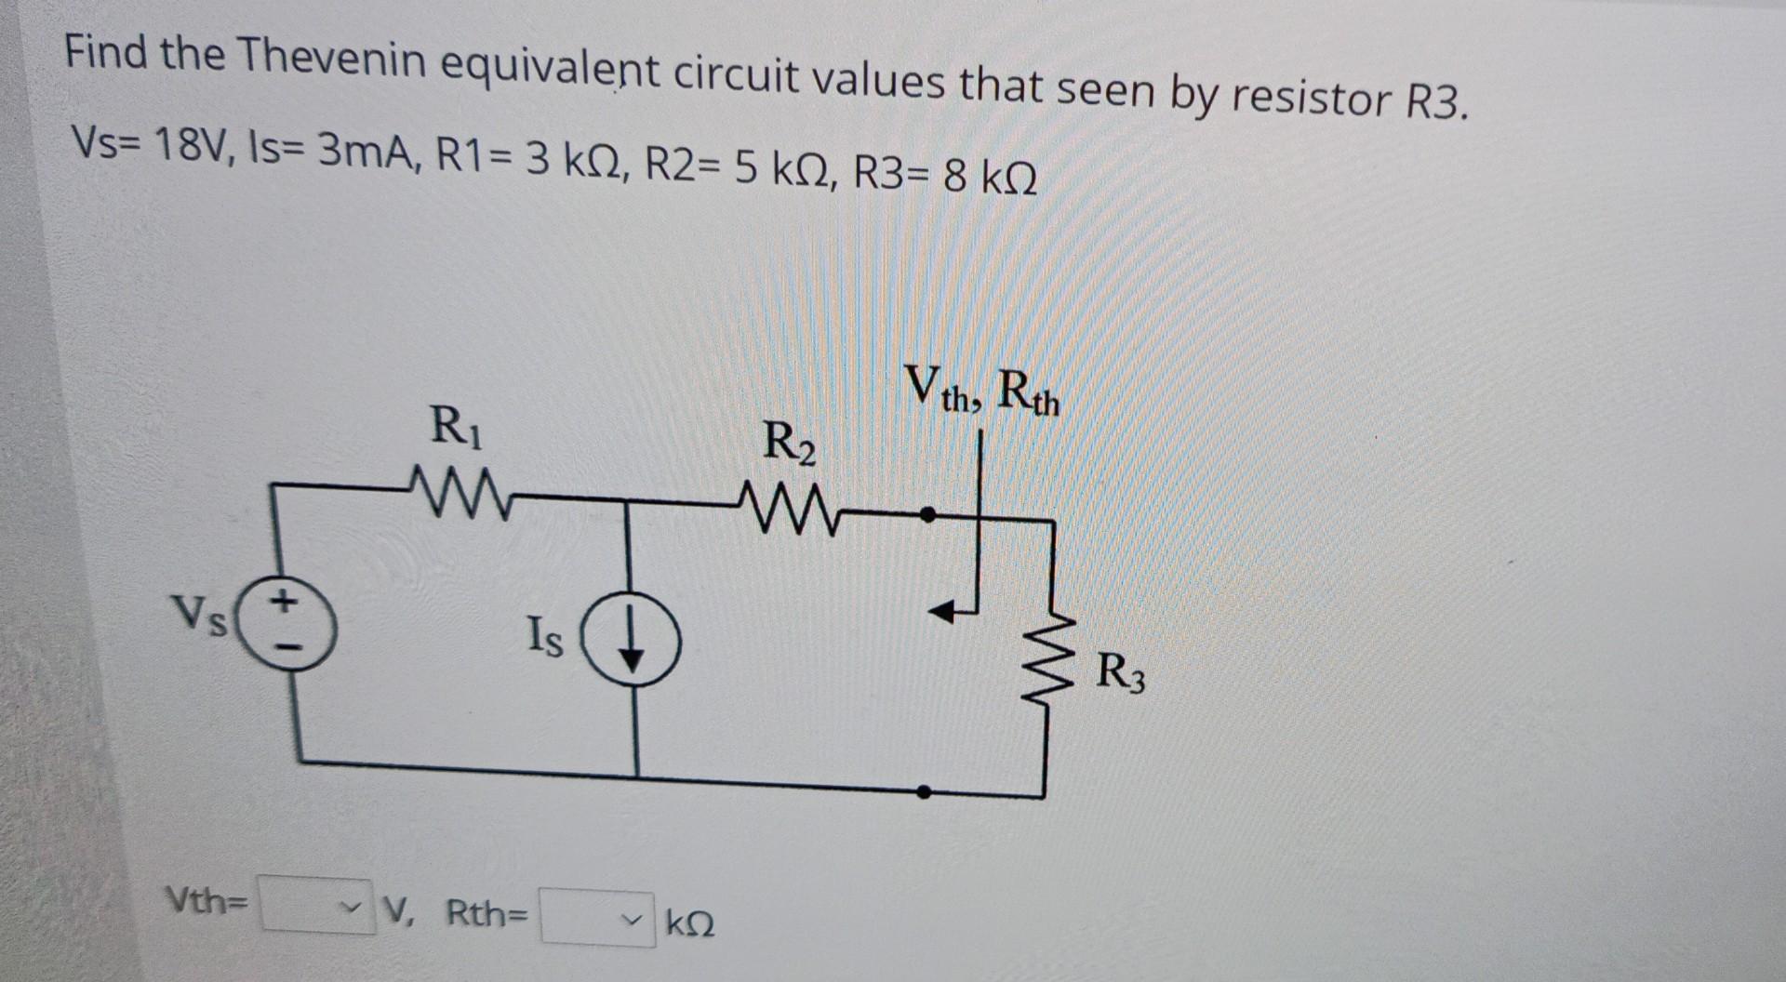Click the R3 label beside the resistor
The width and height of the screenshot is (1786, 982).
click(x=1121, y=671)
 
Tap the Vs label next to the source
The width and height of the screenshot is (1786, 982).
click(x=200, y=616)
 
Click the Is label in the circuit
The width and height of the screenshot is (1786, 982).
click(x=544, y=637)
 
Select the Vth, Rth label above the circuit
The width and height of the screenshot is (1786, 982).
click(x=983, y=391)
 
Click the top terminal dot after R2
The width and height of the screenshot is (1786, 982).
click(x=926, y=512)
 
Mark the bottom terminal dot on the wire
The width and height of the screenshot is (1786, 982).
click(x=923, y=792)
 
